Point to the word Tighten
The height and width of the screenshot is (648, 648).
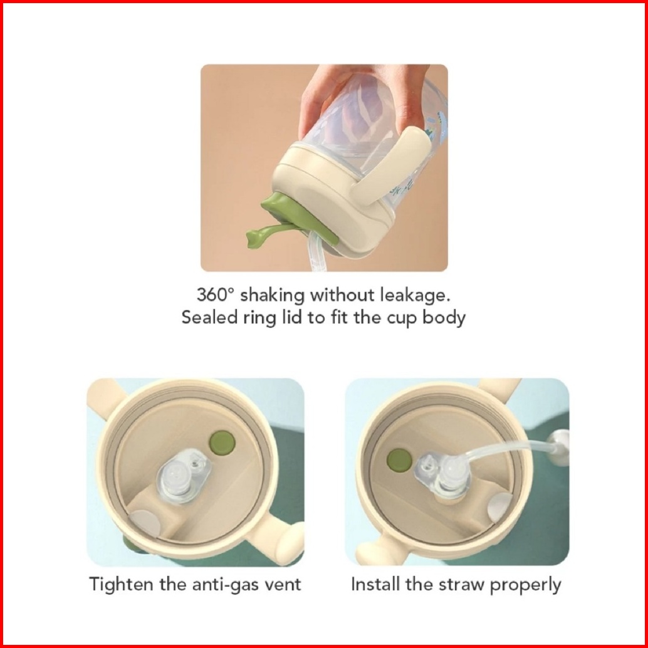(121, 585)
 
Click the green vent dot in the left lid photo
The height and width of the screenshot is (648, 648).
(222, 442)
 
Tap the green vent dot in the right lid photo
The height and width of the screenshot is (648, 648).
(399, 461)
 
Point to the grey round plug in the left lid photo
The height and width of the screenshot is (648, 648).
(145, 523)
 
